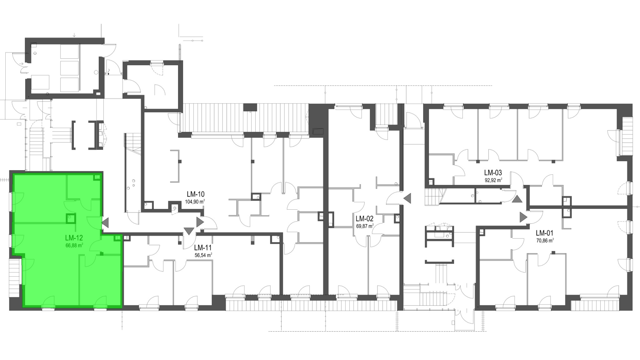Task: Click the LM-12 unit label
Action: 74,238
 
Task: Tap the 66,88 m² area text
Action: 74,246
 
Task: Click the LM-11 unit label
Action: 203,248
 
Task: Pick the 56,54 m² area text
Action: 203,255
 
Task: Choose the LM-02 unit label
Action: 364,219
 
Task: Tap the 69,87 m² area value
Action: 365,226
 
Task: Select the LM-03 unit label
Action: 493,172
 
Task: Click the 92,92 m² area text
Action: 493,180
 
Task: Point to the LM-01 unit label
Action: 544,233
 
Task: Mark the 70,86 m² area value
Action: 545,240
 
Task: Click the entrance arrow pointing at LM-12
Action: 105,222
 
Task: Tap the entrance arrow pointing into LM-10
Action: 200,222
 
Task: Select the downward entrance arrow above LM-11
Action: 189,231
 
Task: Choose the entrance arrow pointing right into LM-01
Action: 523,217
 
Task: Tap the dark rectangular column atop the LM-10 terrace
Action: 250,107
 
